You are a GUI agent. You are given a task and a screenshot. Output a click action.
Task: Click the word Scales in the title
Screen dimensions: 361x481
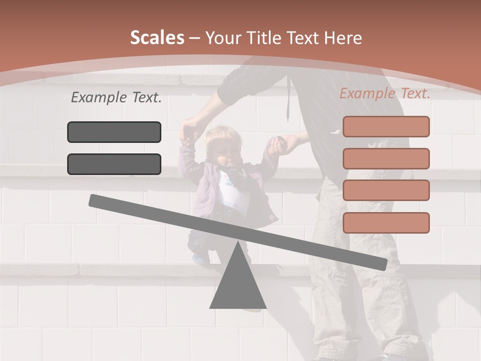(157, 38)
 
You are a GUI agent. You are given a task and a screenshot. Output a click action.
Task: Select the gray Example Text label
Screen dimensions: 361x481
(116, 98)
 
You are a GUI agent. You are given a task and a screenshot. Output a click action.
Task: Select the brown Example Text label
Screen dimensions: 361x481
(385, 93)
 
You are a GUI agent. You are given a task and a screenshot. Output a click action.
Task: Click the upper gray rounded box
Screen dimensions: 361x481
(114, 132)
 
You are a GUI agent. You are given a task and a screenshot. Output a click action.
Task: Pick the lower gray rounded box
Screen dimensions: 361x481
(114, 164)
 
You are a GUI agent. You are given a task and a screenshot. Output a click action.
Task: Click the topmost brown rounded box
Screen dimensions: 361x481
(386, 126)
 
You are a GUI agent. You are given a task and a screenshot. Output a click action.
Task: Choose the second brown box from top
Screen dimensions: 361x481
(386, 158)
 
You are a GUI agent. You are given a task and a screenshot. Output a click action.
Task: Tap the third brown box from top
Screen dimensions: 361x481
(386, 191)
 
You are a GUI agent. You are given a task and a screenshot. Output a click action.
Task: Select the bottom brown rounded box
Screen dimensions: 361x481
(386, 223)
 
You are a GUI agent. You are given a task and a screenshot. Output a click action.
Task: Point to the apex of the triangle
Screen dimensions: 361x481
(237, 243)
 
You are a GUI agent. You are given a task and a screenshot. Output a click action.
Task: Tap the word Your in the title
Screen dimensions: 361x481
(223, 38)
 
